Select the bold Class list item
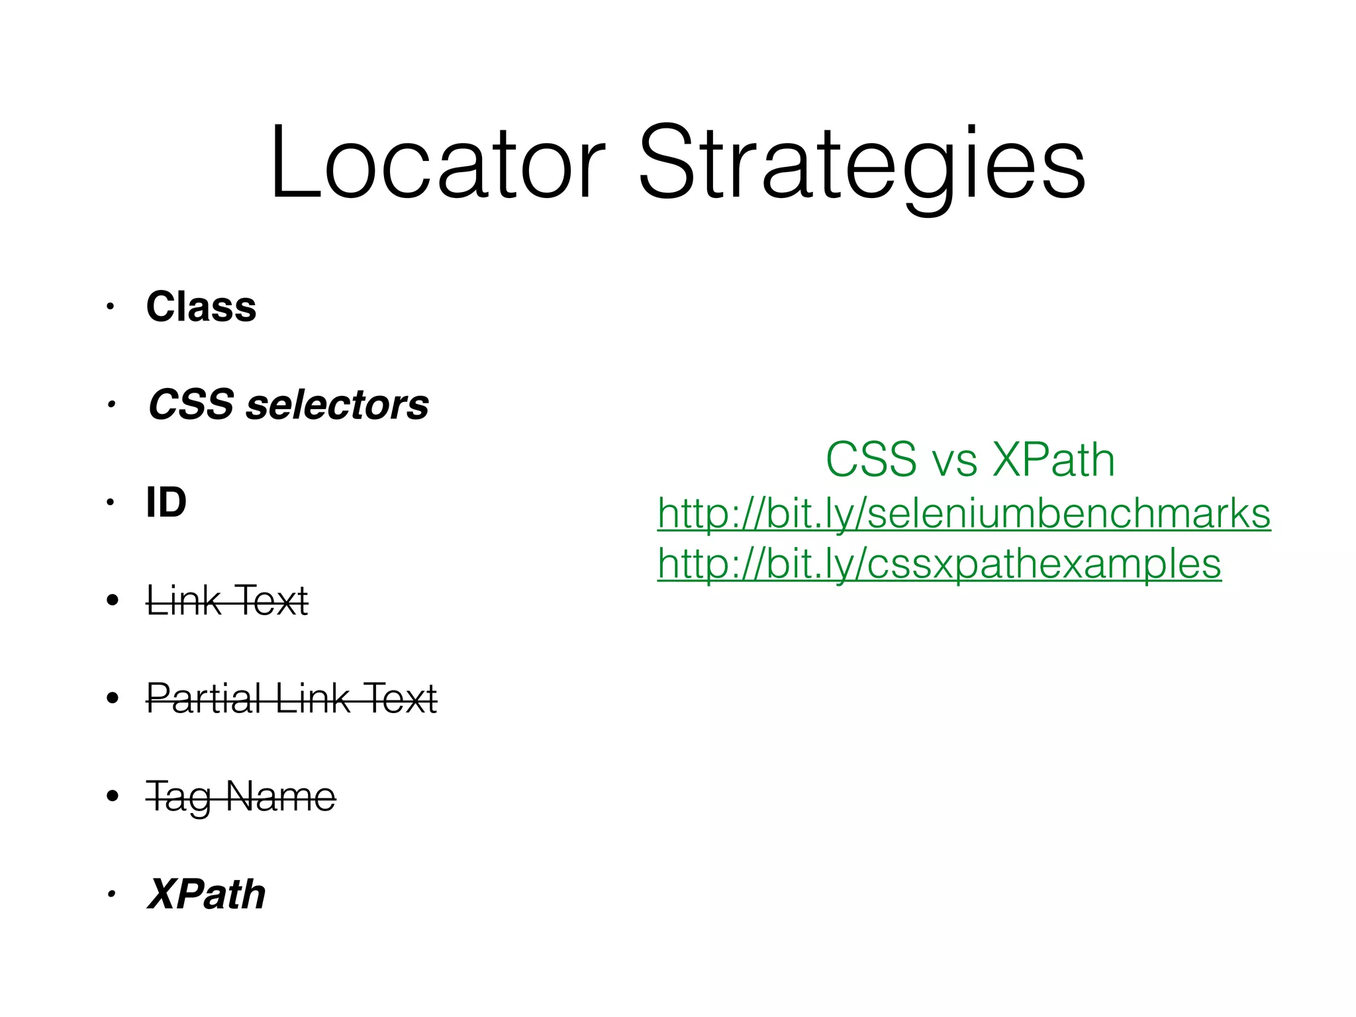pos(201,307)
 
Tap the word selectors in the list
pos(337,405)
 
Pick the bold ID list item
pos(166,502)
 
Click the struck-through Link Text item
pos(227,601)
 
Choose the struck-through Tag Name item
pos(241,796)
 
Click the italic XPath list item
pos(207,894)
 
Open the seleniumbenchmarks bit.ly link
pos(963,514)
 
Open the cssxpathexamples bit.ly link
pos(939,564)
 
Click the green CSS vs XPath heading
pos(970,460)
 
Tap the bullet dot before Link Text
pos(113,601)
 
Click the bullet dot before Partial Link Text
pos(113,698)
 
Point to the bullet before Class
pos(111,307)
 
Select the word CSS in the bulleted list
pos(191,405)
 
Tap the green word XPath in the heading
pos(1053,460)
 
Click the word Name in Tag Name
pos(281,796)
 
